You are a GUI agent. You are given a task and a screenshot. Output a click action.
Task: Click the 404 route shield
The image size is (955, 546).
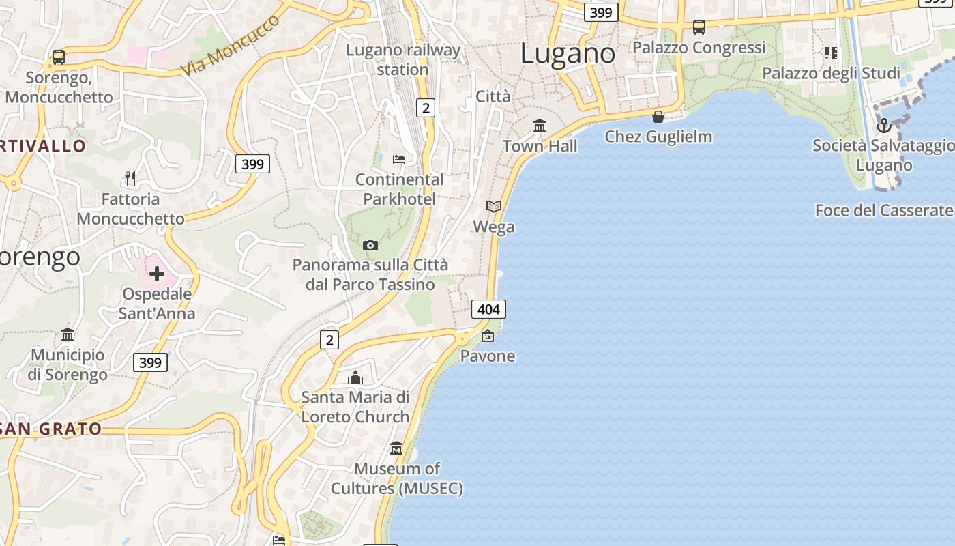tap(488, 309)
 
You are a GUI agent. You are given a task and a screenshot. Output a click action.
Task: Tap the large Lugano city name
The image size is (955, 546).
tap(568, 53)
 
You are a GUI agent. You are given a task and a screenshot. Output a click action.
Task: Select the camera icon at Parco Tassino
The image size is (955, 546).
tap(370, 245)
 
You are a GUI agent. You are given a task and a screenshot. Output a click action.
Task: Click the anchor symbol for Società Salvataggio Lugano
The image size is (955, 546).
tap(884, 126)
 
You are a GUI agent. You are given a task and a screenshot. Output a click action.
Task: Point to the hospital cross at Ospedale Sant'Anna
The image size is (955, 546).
tap(157, 274)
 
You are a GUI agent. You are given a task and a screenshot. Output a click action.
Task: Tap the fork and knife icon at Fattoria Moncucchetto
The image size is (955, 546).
tap(130, 179)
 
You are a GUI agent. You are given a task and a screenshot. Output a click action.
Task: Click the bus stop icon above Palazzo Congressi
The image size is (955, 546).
tap(699, 27)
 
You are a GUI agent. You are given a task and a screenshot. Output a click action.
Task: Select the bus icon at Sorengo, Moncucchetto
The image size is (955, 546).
tap(59, 57)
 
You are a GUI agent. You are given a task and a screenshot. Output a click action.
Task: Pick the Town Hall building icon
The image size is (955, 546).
tap(540, 126)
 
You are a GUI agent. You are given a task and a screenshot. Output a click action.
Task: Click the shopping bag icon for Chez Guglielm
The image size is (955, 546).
tap(658, 117)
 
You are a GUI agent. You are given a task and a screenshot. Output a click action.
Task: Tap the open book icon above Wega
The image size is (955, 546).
tap(494, 206)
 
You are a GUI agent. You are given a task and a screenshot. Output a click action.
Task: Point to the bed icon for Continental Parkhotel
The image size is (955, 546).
tap(399, 160)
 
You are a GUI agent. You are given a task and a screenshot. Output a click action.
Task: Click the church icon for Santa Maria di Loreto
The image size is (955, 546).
tap(355, 377)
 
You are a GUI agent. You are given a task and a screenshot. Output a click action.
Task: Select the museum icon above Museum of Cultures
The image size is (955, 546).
tap(396, 448)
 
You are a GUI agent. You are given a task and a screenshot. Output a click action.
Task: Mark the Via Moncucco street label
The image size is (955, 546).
tap(231, 45)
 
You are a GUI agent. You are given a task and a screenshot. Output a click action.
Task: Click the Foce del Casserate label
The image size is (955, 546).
tap(883, 210)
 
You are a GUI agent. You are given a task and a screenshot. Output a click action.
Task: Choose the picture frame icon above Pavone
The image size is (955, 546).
tap(488, 335)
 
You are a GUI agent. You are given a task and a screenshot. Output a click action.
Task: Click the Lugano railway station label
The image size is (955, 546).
tap(403, 59)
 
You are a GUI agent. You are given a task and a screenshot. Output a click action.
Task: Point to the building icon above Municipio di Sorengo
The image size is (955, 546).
tap(68, 334)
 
